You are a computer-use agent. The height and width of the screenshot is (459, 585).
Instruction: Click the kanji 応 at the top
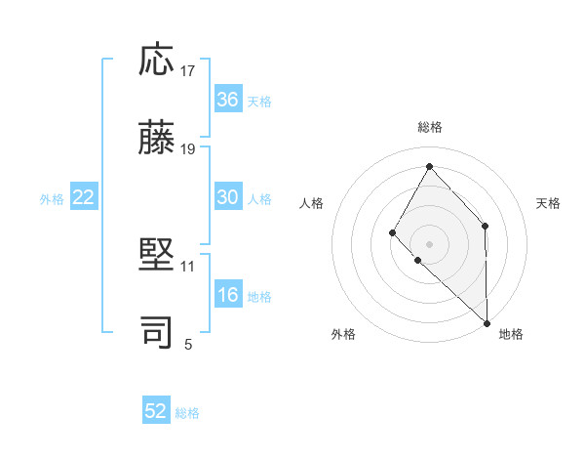[x=157, y=62]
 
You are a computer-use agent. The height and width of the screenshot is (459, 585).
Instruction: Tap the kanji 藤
[x=157, y=138]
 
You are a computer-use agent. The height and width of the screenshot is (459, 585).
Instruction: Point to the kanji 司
[x=157, y=331]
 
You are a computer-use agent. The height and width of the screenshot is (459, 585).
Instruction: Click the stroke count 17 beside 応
[x=188, y=71]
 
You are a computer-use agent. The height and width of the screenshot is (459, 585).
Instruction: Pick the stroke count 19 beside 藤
[x=188, y=148]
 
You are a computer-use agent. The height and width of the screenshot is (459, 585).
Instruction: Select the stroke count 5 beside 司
[x=188, y=343]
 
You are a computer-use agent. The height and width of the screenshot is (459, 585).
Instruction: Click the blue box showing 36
[x=228, y=100]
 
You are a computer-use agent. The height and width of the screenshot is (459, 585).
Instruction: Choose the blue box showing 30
[x=228, y=197]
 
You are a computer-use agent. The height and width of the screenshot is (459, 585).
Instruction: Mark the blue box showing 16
[x=228, y=296]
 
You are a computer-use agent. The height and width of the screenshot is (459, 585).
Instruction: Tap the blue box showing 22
[x=84, y=197]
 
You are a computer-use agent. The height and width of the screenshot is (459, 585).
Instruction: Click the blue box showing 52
[x=156, y=411]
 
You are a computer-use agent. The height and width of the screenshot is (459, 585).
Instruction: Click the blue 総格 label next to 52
[x=188, y=413]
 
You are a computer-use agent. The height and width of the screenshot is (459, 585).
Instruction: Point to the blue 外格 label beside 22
[x=52, y=199]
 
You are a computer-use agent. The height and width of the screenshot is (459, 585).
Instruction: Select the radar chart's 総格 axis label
[x=430, y=127]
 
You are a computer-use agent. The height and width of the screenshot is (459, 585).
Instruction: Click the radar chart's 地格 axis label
[x=511, y=334]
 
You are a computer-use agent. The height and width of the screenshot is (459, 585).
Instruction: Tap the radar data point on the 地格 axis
[x=487, y=322]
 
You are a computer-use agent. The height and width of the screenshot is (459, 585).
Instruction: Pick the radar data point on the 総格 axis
[x=429, y=166]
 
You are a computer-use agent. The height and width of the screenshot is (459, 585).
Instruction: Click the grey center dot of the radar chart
[x=429, y=243]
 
